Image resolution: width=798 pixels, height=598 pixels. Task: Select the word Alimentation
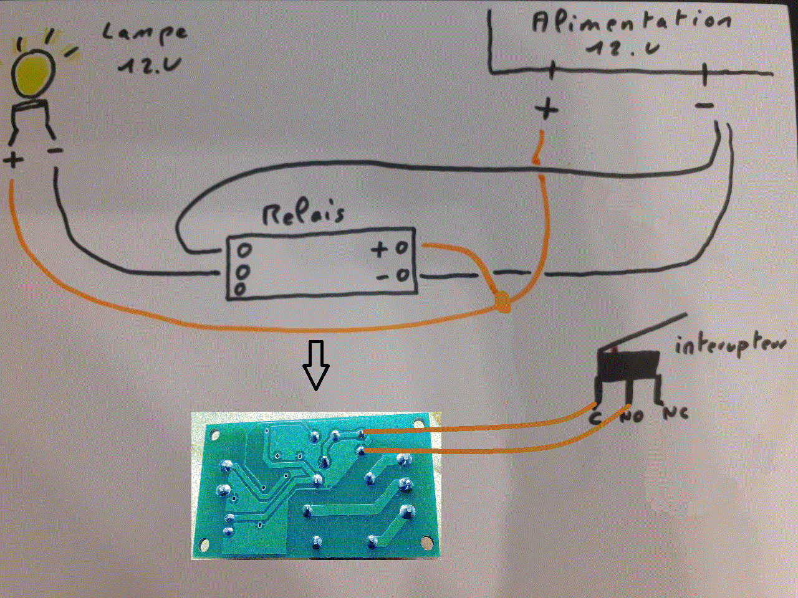[631, 23]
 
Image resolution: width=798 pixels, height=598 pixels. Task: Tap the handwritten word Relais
[304, 213]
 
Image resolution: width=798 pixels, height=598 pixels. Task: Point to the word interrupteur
[730, 344]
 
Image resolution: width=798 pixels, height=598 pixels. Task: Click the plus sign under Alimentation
[547, 110]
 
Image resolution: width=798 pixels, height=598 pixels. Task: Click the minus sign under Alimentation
[704, 107]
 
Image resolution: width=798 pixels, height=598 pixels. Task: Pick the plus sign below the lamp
[12, 160]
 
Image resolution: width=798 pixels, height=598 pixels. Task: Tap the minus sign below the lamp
[55, 151]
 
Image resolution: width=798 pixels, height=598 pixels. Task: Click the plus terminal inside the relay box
[401, 249]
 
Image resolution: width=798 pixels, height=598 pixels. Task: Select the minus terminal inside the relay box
[403, 275]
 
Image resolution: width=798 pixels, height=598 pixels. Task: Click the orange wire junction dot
[502, 305]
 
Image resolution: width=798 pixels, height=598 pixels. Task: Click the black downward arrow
[316, 365]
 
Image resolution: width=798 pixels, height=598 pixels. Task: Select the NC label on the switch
[675, 413]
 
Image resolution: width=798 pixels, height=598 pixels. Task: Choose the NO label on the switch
[632, 415]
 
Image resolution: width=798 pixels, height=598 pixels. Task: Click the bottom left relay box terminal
[240, 288]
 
